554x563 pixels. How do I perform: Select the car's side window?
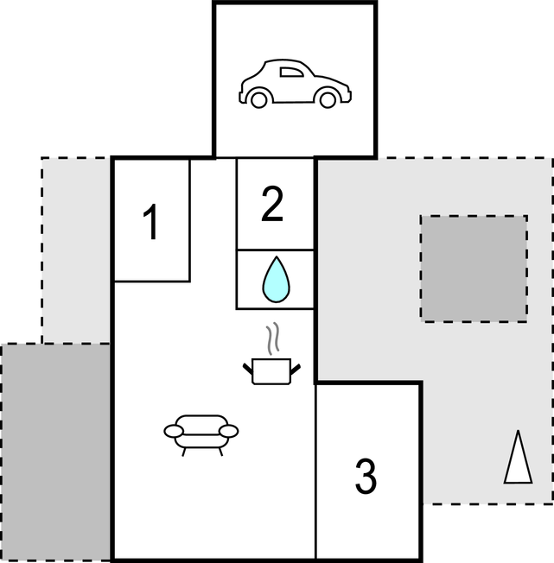click(291, 73)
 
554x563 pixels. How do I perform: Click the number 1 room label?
click(151, 221)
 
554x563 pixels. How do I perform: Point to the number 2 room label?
click(272, 204)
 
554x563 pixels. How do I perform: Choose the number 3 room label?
click(366, 476)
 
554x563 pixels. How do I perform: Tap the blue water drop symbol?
click(277, 280)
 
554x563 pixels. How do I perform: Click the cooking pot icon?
click(271, 371)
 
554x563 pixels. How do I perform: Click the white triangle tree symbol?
click(518, 457)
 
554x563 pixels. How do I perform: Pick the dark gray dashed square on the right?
click(474, 269)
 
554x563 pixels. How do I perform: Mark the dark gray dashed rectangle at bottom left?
click(55, 452)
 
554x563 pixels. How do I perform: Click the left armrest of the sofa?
click(174, 431)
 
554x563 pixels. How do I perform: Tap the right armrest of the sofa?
click(228, 431)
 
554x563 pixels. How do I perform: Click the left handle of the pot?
click(248, 369)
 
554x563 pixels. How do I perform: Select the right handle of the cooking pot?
click(296, 369)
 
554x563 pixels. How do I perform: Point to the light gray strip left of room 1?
click(76, 250)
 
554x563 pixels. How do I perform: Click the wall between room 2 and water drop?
click(275, 250)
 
